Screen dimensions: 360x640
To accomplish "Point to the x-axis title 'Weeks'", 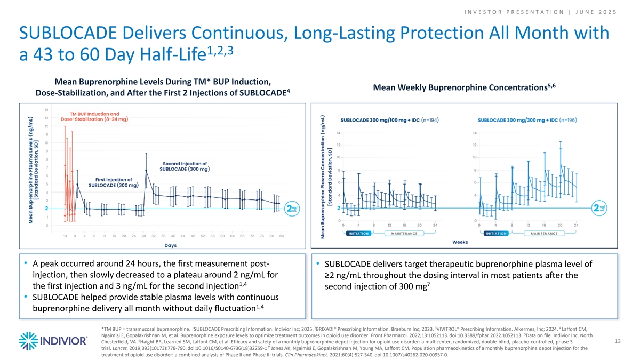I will (x=460, y=242).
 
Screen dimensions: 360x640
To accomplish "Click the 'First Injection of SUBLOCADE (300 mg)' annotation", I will (x=113, y=182).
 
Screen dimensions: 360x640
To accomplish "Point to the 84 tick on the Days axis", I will (x=281, y=236).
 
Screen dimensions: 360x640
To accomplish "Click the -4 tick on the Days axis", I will (x=65, y=236).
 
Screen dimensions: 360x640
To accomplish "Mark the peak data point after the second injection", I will (x=146, y=171).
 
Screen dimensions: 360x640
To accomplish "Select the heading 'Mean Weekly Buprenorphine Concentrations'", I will (x=471, y=87).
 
